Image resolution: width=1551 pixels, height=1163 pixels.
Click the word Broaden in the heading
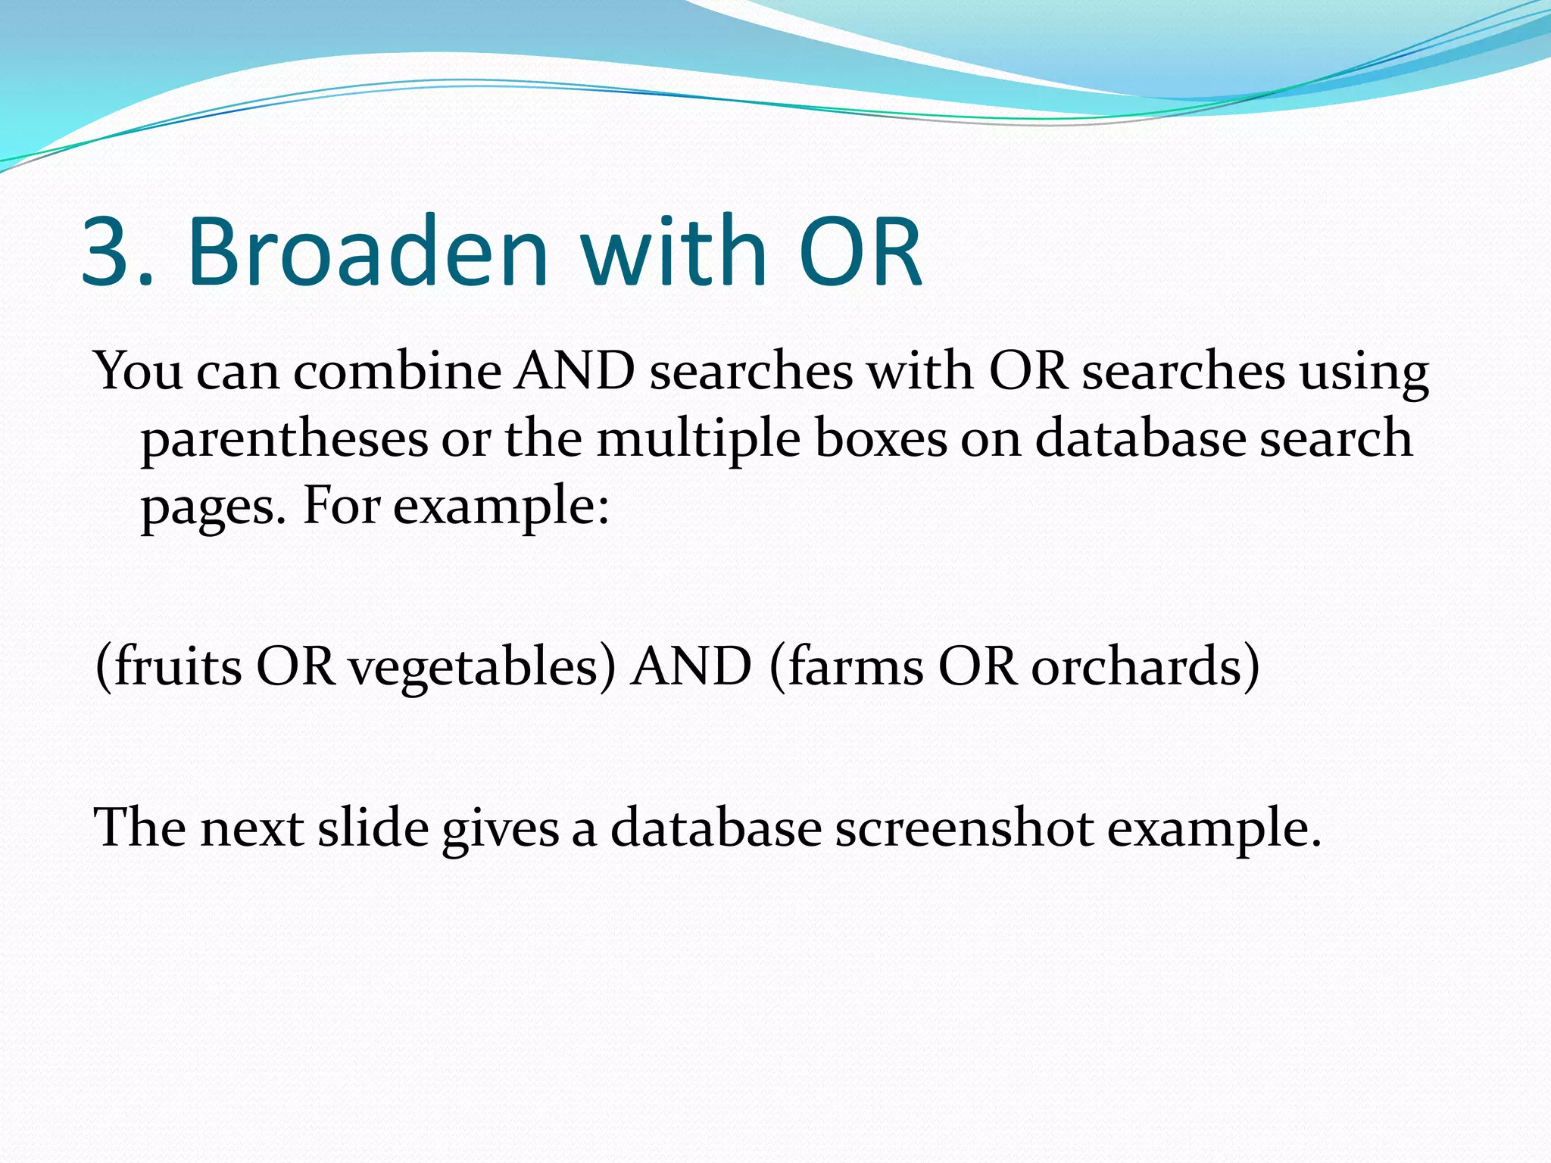[x=367, y=252]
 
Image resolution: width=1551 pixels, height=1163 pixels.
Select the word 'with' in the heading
[x=674, y=252]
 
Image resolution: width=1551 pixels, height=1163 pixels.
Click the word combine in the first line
[x=397, y=372]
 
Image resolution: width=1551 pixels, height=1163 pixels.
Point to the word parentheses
[x=284, y=440]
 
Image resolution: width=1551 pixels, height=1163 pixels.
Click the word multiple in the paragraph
[x=697, y=440]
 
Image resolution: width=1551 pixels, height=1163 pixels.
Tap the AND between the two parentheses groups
[x=691, y=666]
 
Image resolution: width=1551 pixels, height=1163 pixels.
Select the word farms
[x=856, y=666]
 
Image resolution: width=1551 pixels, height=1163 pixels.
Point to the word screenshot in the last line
[x=963, y=828]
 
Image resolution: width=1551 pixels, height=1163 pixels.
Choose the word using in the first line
[x=1364, y=373]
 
